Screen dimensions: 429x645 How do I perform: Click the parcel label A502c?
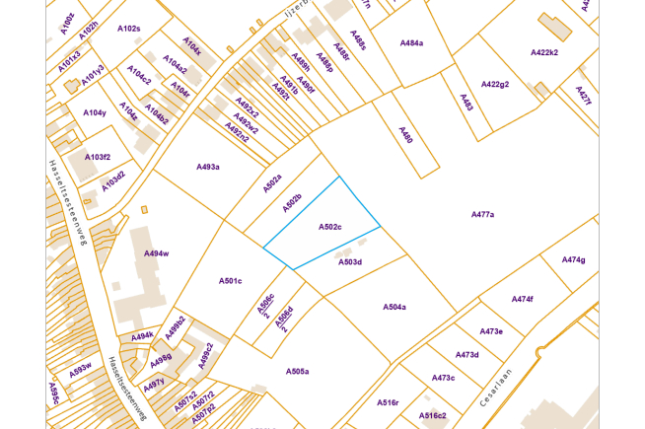coord(329,227)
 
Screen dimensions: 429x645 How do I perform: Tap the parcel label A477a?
coord(482,214)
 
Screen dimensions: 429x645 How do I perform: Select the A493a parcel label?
coord(207,167)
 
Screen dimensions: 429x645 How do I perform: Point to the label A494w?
coord(156,253)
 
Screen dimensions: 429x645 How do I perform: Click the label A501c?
coord(230,281)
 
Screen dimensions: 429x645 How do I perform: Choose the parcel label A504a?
coord(394,307)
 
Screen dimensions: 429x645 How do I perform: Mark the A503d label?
coord(350,262)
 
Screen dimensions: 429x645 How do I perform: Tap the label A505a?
coord(297,372)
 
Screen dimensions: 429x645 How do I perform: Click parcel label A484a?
coord(411,43)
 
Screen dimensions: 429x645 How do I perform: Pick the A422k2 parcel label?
coord(544,52)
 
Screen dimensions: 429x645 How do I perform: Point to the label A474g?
coord(574,259)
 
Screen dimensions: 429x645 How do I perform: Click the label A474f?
coord(522,299)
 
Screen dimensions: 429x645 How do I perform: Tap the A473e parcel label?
coord(492,331)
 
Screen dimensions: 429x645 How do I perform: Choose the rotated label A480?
coord(405,134)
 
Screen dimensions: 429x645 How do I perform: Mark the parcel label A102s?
coord(128,29)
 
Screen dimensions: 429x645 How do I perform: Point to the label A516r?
coord(388,402)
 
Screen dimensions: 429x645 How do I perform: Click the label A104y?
coord(95,112)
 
